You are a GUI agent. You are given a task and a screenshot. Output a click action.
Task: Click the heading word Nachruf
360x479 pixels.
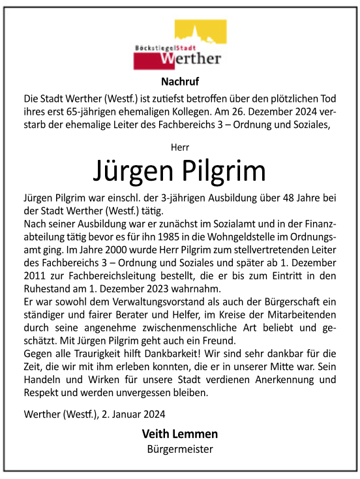[179, 82]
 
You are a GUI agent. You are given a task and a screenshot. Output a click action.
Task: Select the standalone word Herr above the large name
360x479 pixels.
[179, 147]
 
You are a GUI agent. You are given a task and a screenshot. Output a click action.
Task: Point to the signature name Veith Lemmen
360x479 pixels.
[179, 434]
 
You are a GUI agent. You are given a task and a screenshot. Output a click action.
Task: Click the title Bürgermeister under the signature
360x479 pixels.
[179, 449]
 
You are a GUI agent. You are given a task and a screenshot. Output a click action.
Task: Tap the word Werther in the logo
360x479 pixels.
[190, 59]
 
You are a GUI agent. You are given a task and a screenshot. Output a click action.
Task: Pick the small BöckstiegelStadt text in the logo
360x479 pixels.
[159, 48]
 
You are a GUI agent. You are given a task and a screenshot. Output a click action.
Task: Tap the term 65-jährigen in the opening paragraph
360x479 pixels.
[88, 112]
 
